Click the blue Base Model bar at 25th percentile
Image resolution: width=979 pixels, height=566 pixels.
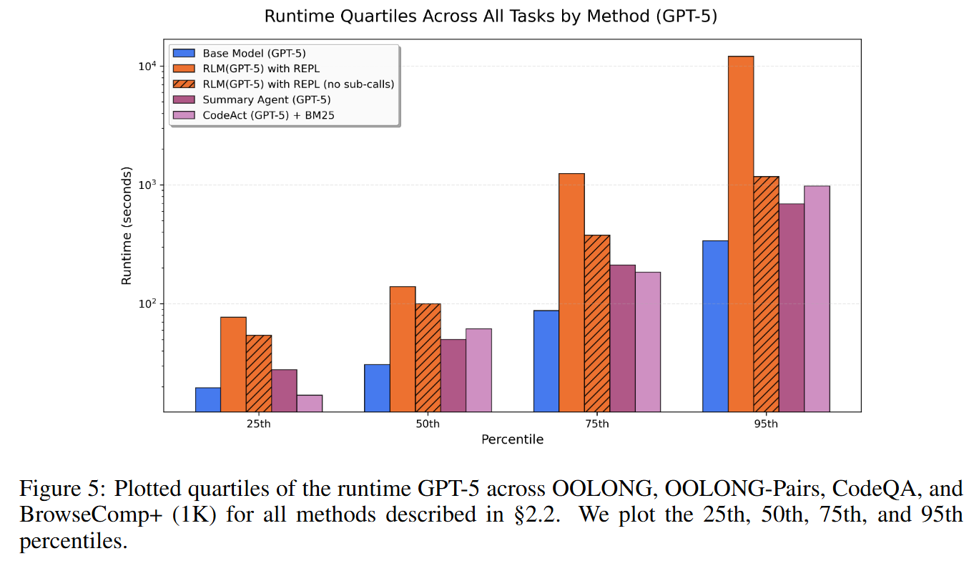[x=207, y=399]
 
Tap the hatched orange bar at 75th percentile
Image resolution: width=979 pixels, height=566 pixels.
[x=597, y=323]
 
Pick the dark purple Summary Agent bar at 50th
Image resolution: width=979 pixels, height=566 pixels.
[x=453, y=375]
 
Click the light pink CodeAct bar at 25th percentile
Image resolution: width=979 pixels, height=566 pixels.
[x=309, y=403]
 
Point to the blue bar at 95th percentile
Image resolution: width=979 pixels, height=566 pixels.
[x=715, y=326]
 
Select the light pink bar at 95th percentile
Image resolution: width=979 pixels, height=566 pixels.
[x=817, y=298]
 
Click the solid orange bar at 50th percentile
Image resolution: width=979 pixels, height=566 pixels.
[x=402, y=348]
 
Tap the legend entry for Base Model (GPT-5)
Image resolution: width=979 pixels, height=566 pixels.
[x=244, y=53]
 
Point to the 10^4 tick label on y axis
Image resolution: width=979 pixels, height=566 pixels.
[x=147, y=67]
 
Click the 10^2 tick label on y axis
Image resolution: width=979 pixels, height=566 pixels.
[x=147, y=304]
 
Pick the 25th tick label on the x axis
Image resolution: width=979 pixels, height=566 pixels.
[x=258, y=424]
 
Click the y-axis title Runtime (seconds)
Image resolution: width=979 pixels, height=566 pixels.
[x=127, y=226]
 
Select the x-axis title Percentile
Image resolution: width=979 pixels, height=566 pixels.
[x=512, y=439]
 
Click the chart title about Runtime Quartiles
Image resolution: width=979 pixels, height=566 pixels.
[x=490, y=16]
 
